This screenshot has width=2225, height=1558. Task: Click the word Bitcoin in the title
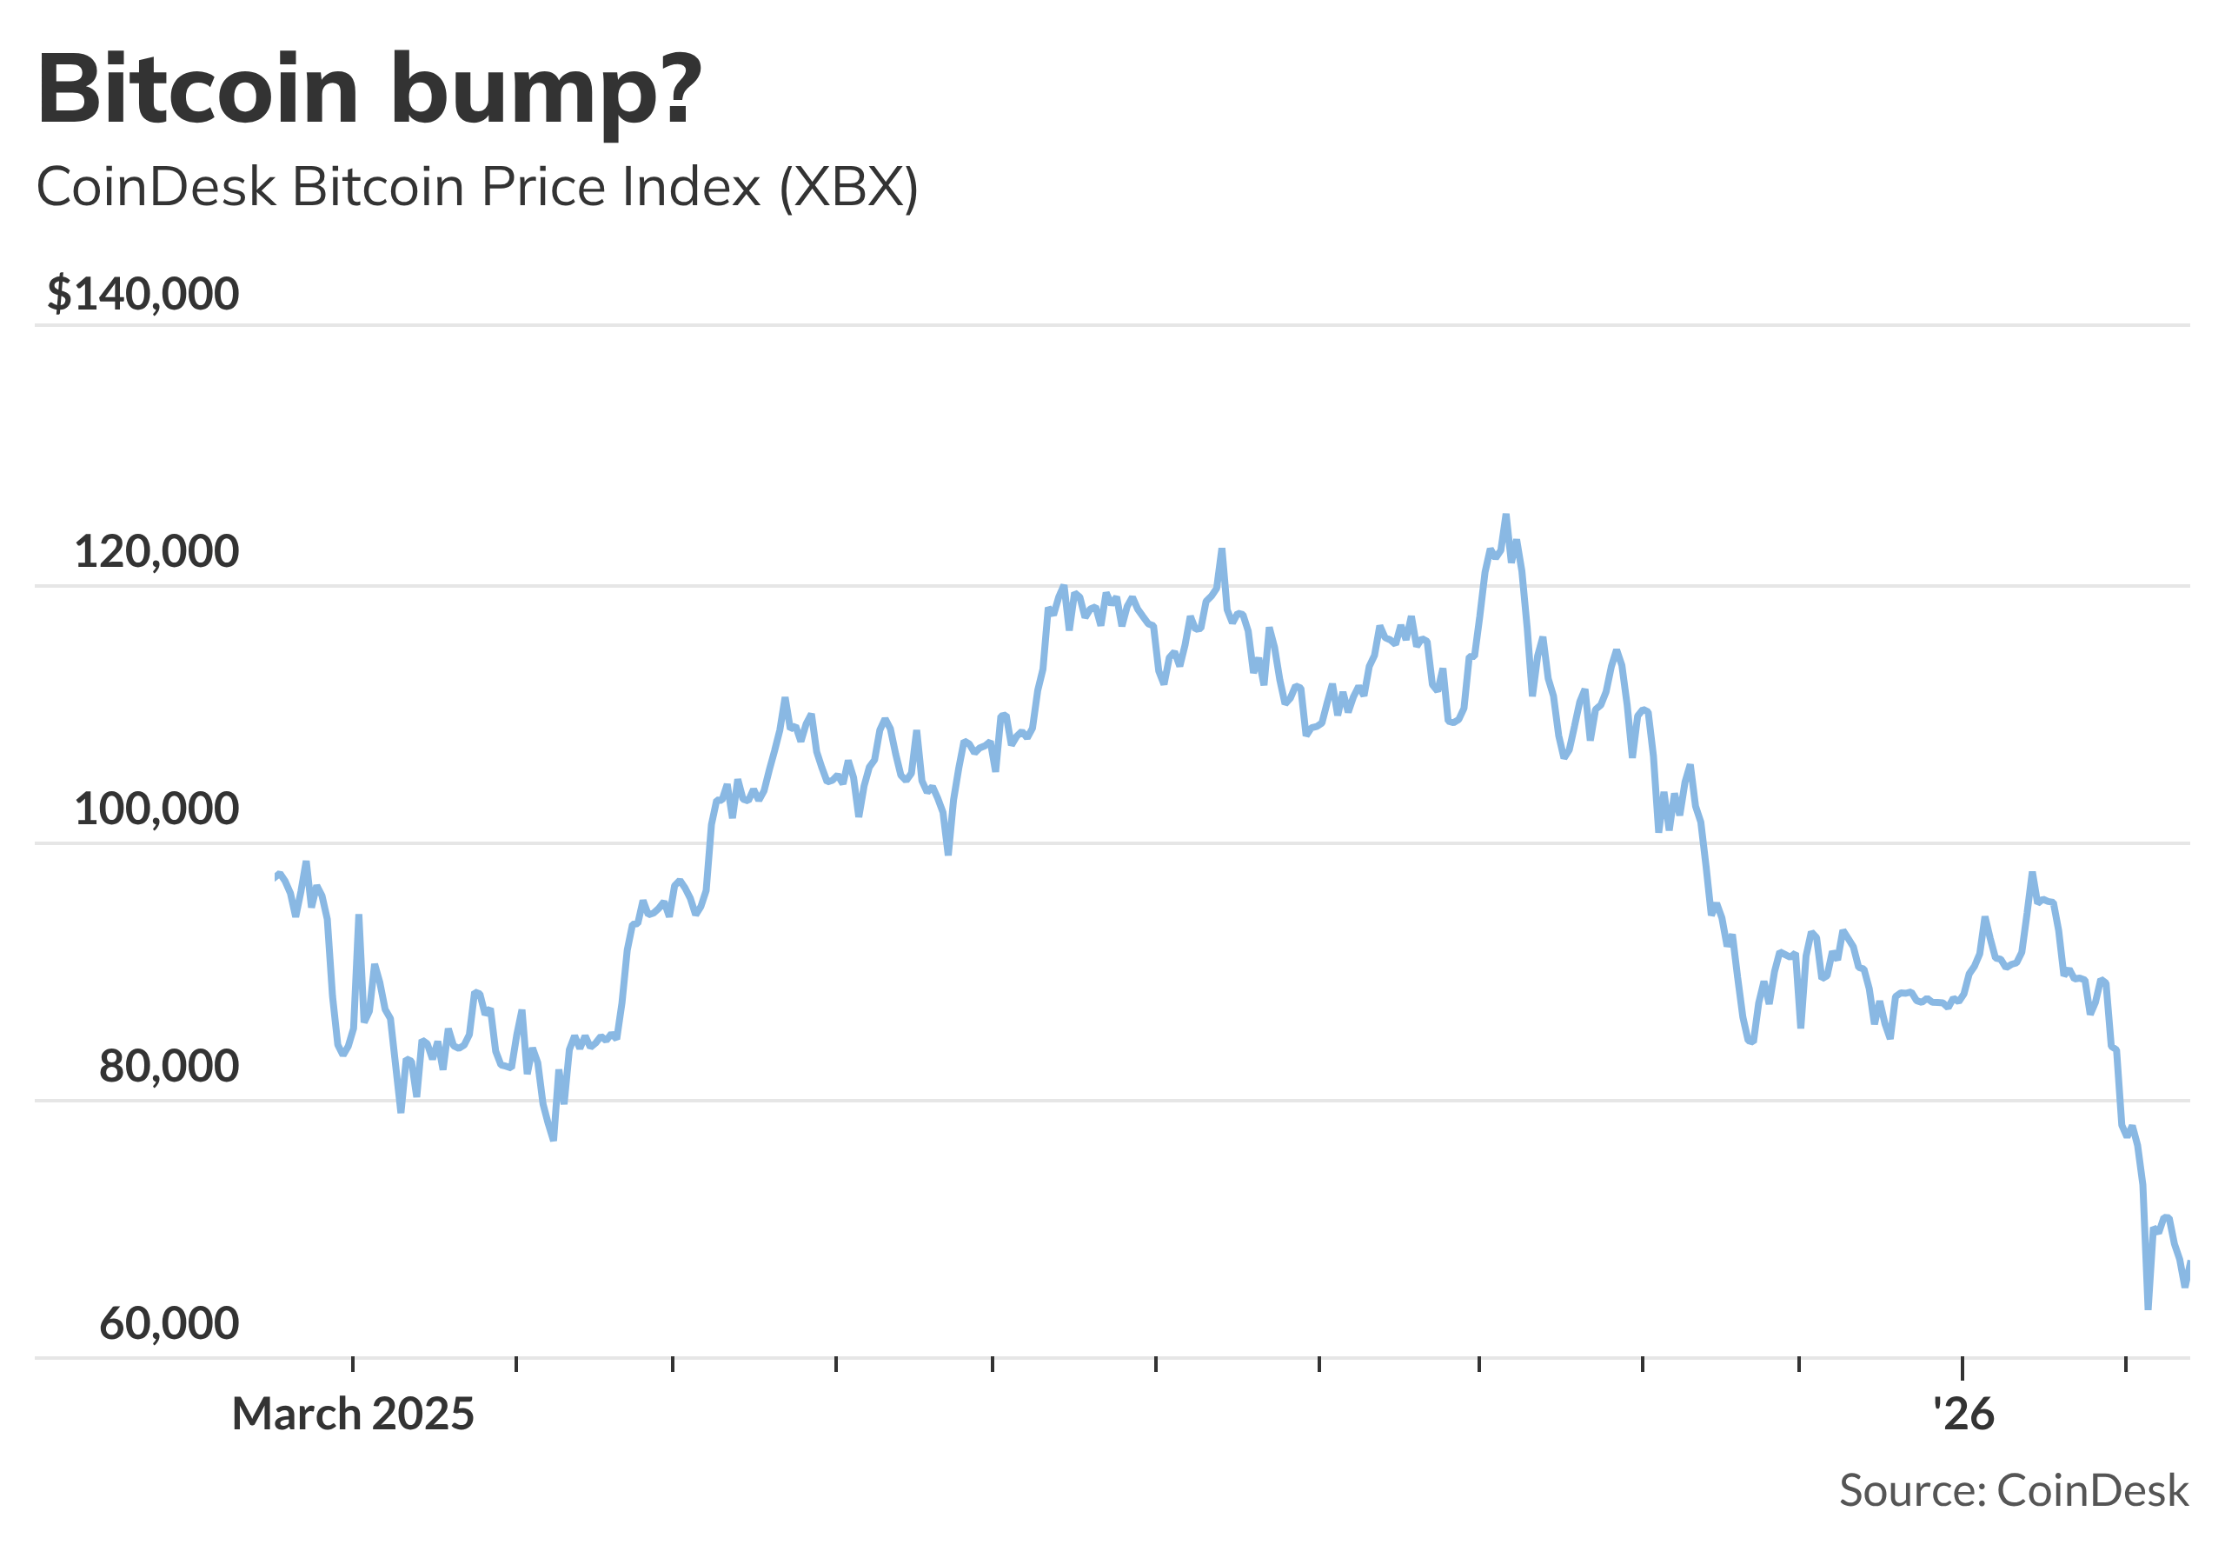[197, 90]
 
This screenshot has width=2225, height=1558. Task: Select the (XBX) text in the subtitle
[849, 187]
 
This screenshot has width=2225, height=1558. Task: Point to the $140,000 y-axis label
[143, 294]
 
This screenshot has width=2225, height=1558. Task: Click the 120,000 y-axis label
[156, 552]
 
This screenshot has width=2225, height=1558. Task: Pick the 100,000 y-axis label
[156, 809]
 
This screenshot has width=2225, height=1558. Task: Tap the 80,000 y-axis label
[169, 1067]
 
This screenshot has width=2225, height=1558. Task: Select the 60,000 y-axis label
[169, 1323]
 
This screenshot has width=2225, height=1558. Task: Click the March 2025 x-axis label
[353, 1415]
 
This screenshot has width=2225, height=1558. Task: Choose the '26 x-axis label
[1963, 1415]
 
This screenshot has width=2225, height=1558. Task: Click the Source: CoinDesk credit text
[2014, 1490]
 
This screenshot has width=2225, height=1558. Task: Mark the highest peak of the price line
[1506, 516]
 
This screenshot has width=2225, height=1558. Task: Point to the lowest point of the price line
[2148, 1308]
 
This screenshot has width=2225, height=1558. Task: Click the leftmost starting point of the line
[276, 877]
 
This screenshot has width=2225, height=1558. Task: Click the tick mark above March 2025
[353, 1365]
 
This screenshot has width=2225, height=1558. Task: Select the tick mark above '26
[1963, 1367]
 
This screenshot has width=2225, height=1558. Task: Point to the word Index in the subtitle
[691, 187]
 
